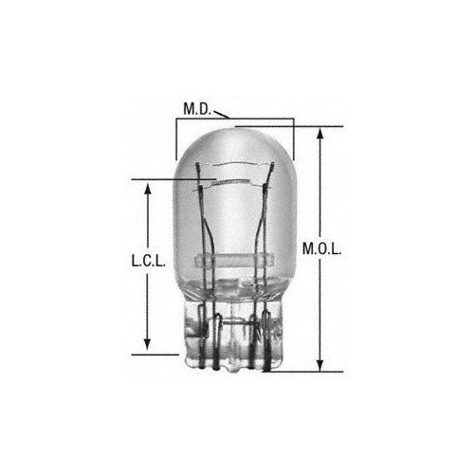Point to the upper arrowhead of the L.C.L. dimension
click(147, 187)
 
